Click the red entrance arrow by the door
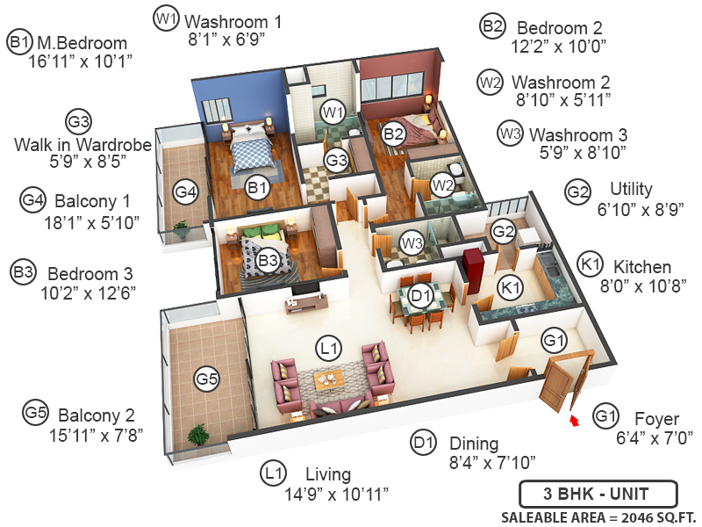coord(575,422)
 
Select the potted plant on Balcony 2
coord(198,435)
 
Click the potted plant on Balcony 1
coord(181,230)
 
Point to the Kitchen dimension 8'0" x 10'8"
coord(634,285)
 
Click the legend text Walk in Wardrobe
coord(71,143)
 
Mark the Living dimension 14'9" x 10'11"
coord(337,494)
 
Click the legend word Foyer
coord(652,418)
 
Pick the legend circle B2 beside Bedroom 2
coord(492,26)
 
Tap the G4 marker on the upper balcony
coord(185,190)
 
